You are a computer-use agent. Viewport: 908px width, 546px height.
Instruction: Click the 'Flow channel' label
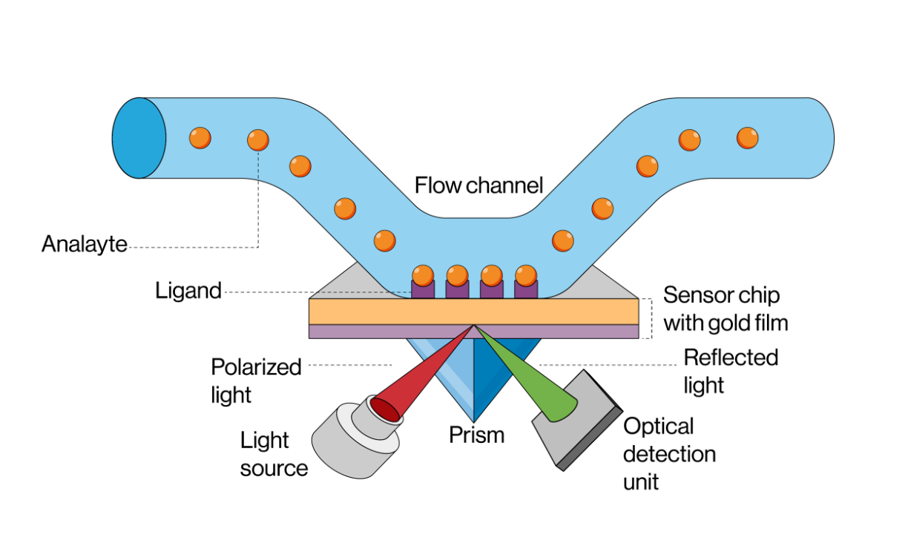478,185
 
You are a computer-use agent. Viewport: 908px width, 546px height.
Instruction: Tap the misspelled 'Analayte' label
85,244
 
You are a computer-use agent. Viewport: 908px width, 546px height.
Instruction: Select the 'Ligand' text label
188,291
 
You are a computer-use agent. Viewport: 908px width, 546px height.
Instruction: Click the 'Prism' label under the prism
476,435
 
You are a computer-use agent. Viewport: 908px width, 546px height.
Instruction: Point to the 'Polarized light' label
256,381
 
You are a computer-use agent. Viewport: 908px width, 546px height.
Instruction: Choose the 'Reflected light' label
731,371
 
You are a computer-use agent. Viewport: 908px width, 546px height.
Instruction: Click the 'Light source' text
274,454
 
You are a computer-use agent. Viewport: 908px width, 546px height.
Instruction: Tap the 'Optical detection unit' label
669,453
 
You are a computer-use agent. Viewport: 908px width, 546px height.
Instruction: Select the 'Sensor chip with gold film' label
725,309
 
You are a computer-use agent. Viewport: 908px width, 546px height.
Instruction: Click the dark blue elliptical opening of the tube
139,138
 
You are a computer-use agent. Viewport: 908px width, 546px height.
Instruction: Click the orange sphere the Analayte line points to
257,139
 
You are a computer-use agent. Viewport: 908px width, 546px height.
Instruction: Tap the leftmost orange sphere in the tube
200,137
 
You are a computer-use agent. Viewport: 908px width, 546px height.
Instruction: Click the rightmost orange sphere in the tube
747,137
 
